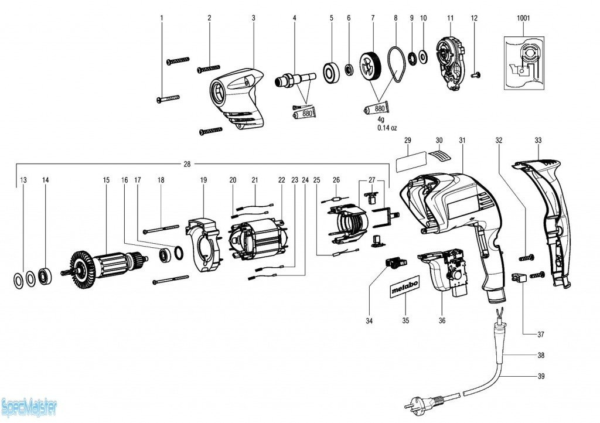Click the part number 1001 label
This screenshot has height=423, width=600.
coord(523,18)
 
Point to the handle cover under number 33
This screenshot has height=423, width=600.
coord(544,217)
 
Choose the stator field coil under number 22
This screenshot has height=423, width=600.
coord(258,240)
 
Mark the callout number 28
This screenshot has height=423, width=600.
coord(187,164)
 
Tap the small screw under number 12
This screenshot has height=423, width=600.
coord(476,74)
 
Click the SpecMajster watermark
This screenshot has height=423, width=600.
coord(28,405)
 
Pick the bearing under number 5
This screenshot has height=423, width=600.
coord(332,71)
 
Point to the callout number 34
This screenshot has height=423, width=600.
coord(369,321)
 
